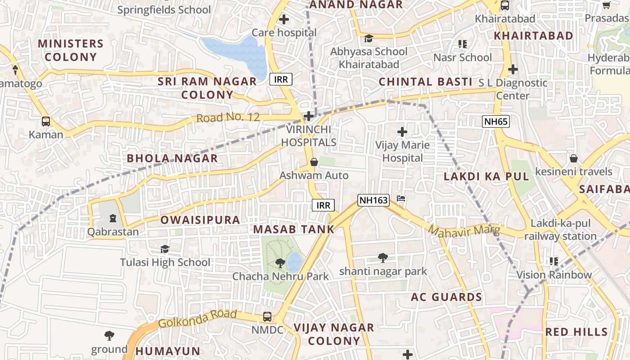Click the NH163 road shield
tap(373, 200)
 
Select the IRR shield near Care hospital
tap(281, 80)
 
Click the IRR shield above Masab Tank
tap(323, 206)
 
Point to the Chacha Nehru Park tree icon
tap(280, 262)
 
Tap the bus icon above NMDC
tap(267, 316)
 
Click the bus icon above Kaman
tap(46, 121)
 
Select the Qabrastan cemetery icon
tap(112, 218)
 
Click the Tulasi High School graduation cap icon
tap(165, 249)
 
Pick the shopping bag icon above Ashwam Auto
tap(314, 162)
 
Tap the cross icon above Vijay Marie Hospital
tap(402, 132)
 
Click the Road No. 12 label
tap(228, 117)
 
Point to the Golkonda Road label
tap(197, 319)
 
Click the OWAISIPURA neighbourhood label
tap(200, 220)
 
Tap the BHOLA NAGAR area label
tap(172, 158)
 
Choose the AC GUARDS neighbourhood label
tap(446, 297)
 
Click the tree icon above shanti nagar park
tap(382, 257)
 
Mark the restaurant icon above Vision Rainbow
tap(553, 261)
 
